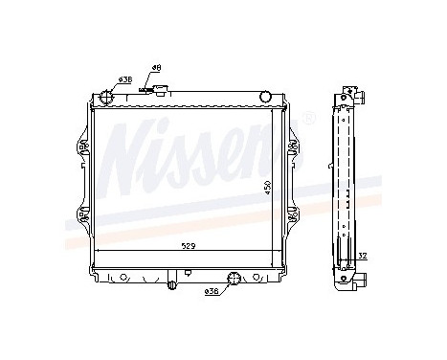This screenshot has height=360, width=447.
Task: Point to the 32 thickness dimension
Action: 362,255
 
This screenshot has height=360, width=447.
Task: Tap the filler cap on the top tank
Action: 157,95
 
